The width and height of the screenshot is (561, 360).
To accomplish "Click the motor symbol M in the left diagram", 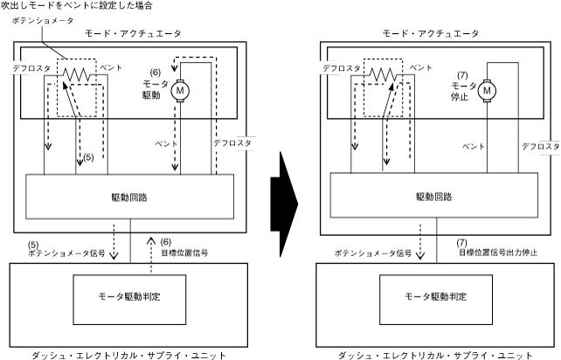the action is pyautogui.click(x=182, y=88).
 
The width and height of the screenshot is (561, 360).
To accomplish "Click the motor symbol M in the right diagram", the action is pyautogui.click(x=488, y=88).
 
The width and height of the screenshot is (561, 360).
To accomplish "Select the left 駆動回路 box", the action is pyautogui.click(x=131, y=197).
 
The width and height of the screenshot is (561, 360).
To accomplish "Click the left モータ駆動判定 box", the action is pyautogui.click(x=131, y=295).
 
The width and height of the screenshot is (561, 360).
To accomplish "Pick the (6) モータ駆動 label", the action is pyautogui.click(x=156, y=83).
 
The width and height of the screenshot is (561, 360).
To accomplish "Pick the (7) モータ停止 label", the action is pyautogui.click(x=461, y=83).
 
